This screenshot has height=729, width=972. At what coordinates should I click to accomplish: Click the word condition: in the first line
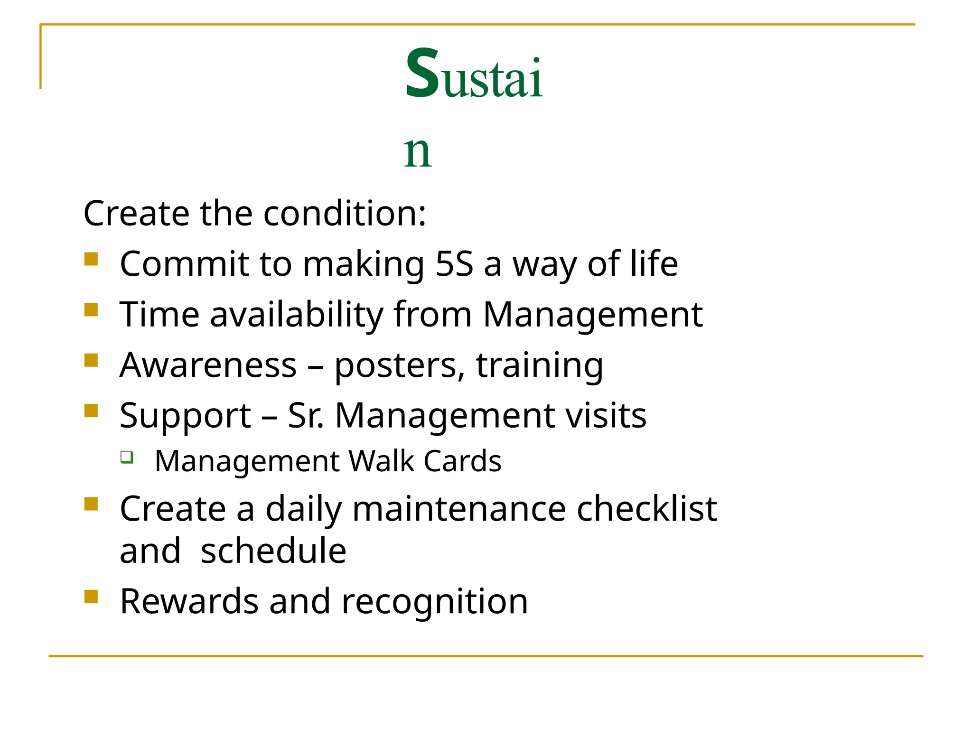coord(345,213)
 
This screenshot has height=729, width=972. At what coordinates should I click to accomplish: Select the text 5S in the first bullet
coord(454,264)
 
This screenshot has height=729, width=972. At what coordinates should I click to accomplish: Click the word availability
coord(297,315)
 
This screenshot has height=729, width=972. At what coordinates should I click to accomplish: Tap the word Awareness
coord(208,365)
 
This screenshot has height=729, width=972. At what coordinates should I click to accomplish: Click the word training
coord(540,366)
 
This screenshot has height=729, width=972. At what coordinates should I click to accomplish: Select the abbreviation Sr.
coord(306,416)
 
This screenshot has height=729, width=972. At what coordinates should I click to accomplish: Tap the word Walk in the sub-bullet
coord(382,461)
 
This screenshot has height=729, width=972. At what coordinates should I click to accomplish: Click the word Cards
coord(462,461)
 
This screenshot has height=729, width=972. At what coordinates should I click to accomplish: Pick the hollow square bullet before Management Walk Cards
coord(127,457)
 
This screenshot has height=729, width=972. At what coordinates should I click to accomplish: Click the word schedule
coord(273,551)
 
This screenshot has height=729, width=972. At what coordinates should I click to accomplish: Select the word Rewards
coord(189,601)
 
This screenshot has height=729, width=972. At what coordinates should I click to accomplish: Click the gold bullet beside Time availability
coord(91,310)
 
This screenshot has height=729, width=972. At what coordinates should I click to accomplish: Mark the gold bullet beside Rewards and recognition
coord(91,597)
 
